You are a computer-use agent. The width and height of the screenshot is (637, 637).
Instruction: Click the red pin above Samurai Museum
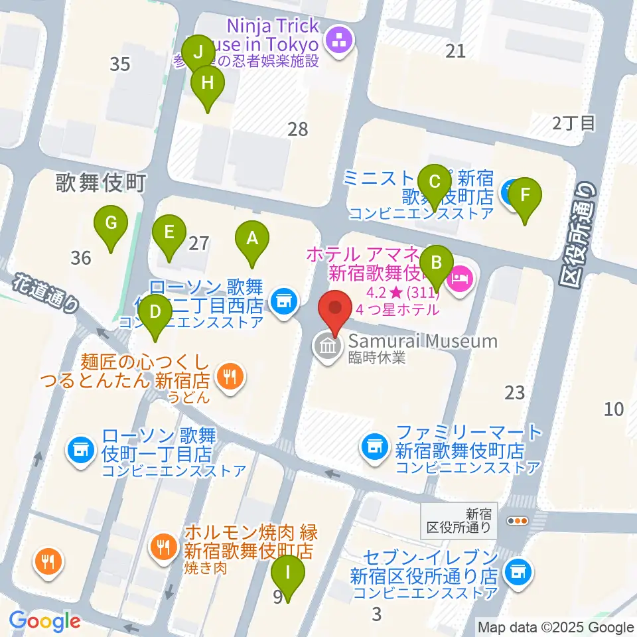pos(335,312)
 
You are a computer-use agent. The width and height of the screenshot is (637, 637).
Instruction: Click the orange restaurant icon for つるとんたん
pos(230,378)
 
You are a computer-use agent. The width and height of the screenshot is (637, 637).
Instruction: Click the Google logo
pos(44,621)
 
